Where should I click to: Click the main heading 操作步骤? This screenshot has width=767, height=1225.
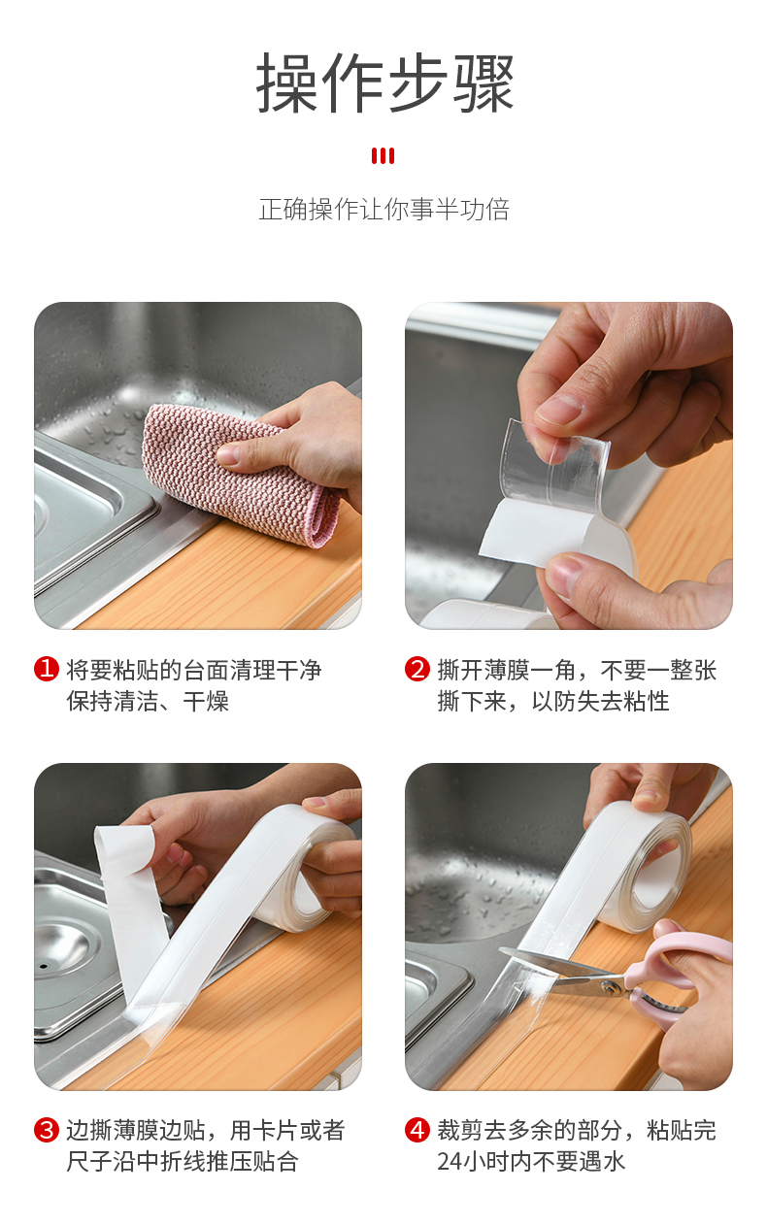tap(385, 83)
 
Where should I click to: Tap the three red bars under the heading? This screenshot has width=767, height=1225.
tap(383, 156)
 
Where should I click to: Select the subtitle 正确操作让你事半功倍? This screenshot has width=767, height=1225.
tap(384, 210)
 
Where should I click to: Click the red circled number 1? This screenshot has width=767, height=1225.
tap(47, 669)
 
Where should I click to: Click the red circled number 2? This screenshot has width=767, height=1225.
tap(417, 669)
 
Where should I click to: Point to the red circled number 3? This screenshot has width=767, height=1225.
tap(47, 1130)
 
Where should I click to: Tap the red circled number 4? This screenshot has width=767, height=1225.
tap(417, 1130)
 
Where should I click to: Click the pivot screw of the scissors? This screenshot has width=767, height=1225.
tap(606, 985)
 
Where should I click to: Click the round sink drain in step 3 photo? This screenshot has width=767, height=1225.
tap(67, 951)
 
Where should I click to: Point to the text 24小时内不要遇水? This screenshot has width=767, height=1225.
tap(531, 1162)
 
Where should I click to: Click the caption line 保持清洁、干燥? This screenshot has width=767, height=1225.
tap(148, 701)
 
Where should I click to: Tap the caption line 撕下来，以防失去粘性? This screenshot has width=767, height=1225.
tap(553, 701)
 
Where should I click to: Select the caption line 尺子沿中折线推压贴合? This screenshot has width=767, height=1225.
tap(183, 1162)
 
